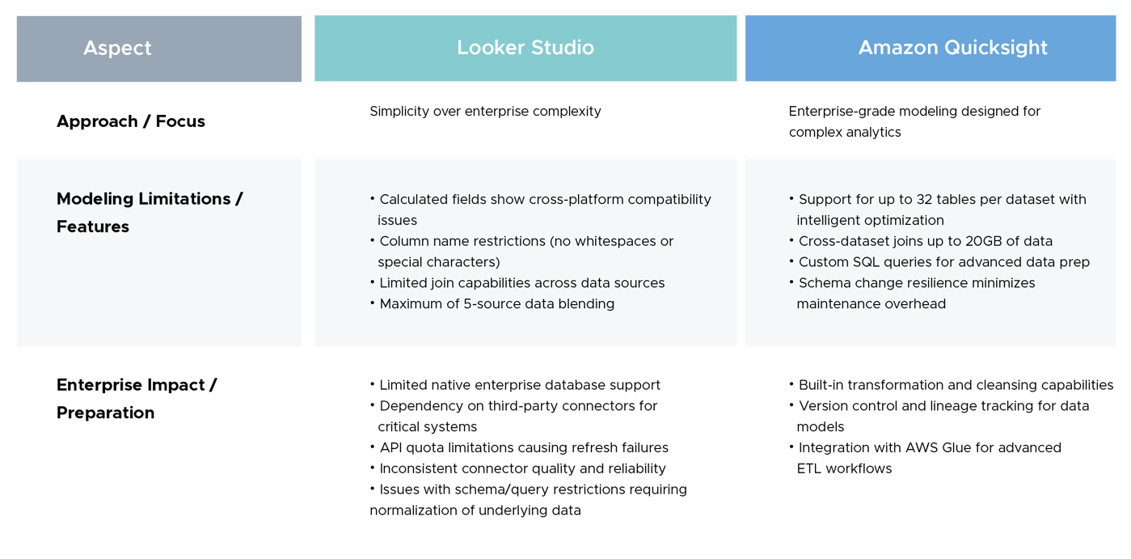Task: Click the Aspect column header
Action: coord(118,49)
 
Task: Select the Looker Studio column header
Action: coord(525,49)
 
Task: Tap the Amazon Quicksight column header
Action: coord(952,49)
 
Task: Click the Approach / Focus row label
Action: coord(131,121)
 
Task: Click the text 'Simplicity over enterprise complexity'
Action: coord(485,112)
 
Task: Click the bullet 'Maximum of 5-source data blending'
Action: coord(496,304)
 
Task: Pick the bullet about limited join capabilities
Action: coord(521,283)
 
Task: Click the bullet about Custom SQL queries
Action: coord(943,262)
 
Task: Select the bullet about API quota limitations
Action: coord(523,448)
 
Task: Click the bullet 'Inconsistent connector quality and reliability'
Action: coord(522,469)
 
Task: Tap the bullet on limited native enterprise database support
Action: coord(519,386)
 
